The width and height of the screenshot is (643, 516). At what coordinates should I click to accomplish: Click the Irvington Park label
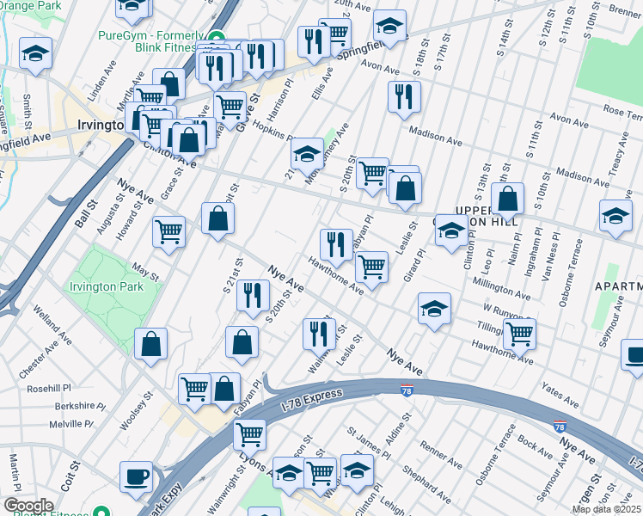107,286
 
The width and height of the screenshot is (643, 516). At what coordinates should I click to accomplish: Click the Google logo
29,505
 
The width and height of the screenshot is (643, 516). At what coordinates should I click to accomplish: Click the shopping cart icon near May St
169,230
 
